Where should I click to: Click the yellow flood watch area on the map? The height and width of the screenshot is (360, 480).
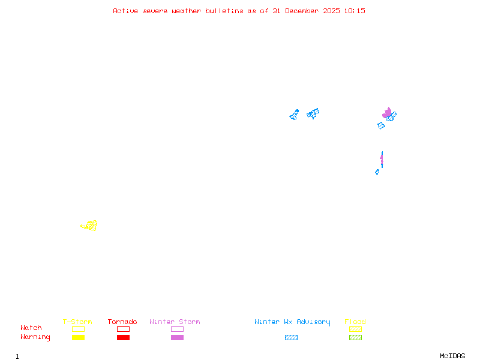click(90, 226)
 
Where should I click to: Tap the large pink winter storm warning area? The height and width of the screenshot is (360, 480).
click(387, 113)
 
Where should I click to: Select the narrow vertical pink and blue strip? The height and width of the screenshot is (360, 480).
click(382, 160)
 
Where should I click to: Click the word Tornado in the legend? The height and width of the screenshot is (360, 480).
click(122, 322)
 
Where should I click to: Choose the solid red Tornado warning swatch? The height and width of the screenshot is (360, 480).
click(123, 337)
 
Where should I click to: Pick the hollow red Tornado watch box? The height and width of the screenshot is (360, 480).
click(123, 329)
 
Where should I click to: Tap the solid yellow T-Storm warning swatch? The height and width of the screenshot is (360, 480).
click(78, 337)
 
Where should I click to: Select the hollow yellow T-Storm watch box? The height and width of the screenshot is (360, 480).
click(78, 329)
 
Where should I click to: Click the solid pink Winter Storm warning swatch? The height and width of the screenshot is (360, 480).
click(177, 337)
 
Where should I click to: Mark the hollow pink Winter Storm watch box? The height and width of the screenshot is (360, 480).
click(177, 329)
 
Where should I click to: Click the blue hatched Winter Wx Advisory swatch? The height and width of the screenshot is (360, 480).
click(291, 337)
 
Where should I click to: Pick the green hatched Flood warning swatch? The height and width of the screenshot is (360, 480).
click(355, 337)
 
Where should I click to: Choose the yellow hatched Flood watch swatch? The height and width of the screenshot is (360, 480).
click(355, 329)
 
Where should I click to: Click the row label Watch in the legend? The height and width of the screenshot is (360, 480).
click(31, 328)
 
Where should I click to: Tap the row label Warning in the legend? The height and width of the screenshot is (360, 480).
click(35, 337)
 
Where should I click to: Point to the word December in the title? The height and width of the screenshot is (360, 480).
click(307, 11)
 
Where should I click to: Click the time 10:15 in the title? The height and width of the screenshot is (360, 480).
click(354, 11)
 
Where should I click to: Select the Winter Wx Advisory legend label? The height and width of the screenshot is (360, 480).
click(292, 322)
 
